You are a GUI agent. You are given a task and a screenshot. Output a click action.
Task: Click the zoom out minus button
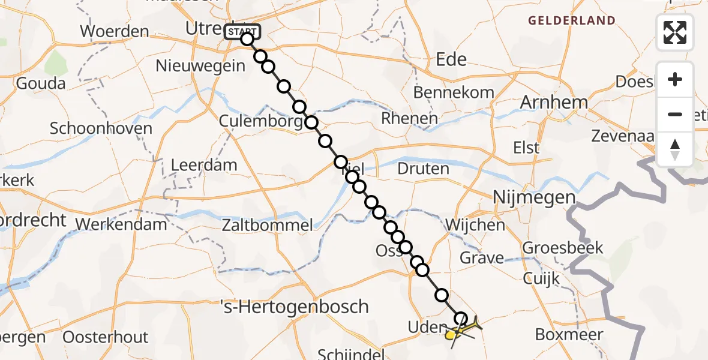point(675,114)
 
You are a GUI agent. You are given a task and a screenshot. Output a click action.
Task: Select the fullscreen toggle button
point(675,32)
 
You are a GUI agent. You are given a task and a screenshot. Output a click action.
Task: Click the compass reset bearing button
point(675,149)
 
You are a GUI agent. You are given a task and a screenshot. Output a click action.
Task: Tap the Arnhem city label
point(554,103)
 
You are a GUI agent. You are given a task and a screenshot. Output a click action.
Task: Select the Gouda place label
point(41,83)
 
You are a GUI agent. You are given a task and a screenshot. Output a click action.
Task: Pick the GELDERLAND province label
point(571,21)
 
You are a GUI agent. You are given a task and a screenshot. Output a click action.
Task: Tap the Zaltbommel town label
point(268,226)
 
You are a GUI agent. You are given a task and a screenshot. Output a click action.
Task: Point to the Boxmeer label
point(569,334)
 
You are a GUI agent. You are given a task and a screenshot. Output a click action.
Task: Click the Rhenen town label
point(410,119)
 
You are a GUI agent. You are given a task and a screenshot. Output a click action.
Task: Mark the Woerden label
point(114,31)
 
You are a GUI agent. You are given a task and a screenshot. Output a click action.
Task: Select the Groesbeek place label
point(563,248)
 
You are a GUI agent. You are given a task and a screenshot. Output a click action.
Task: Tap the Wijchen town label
point(475,226)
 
